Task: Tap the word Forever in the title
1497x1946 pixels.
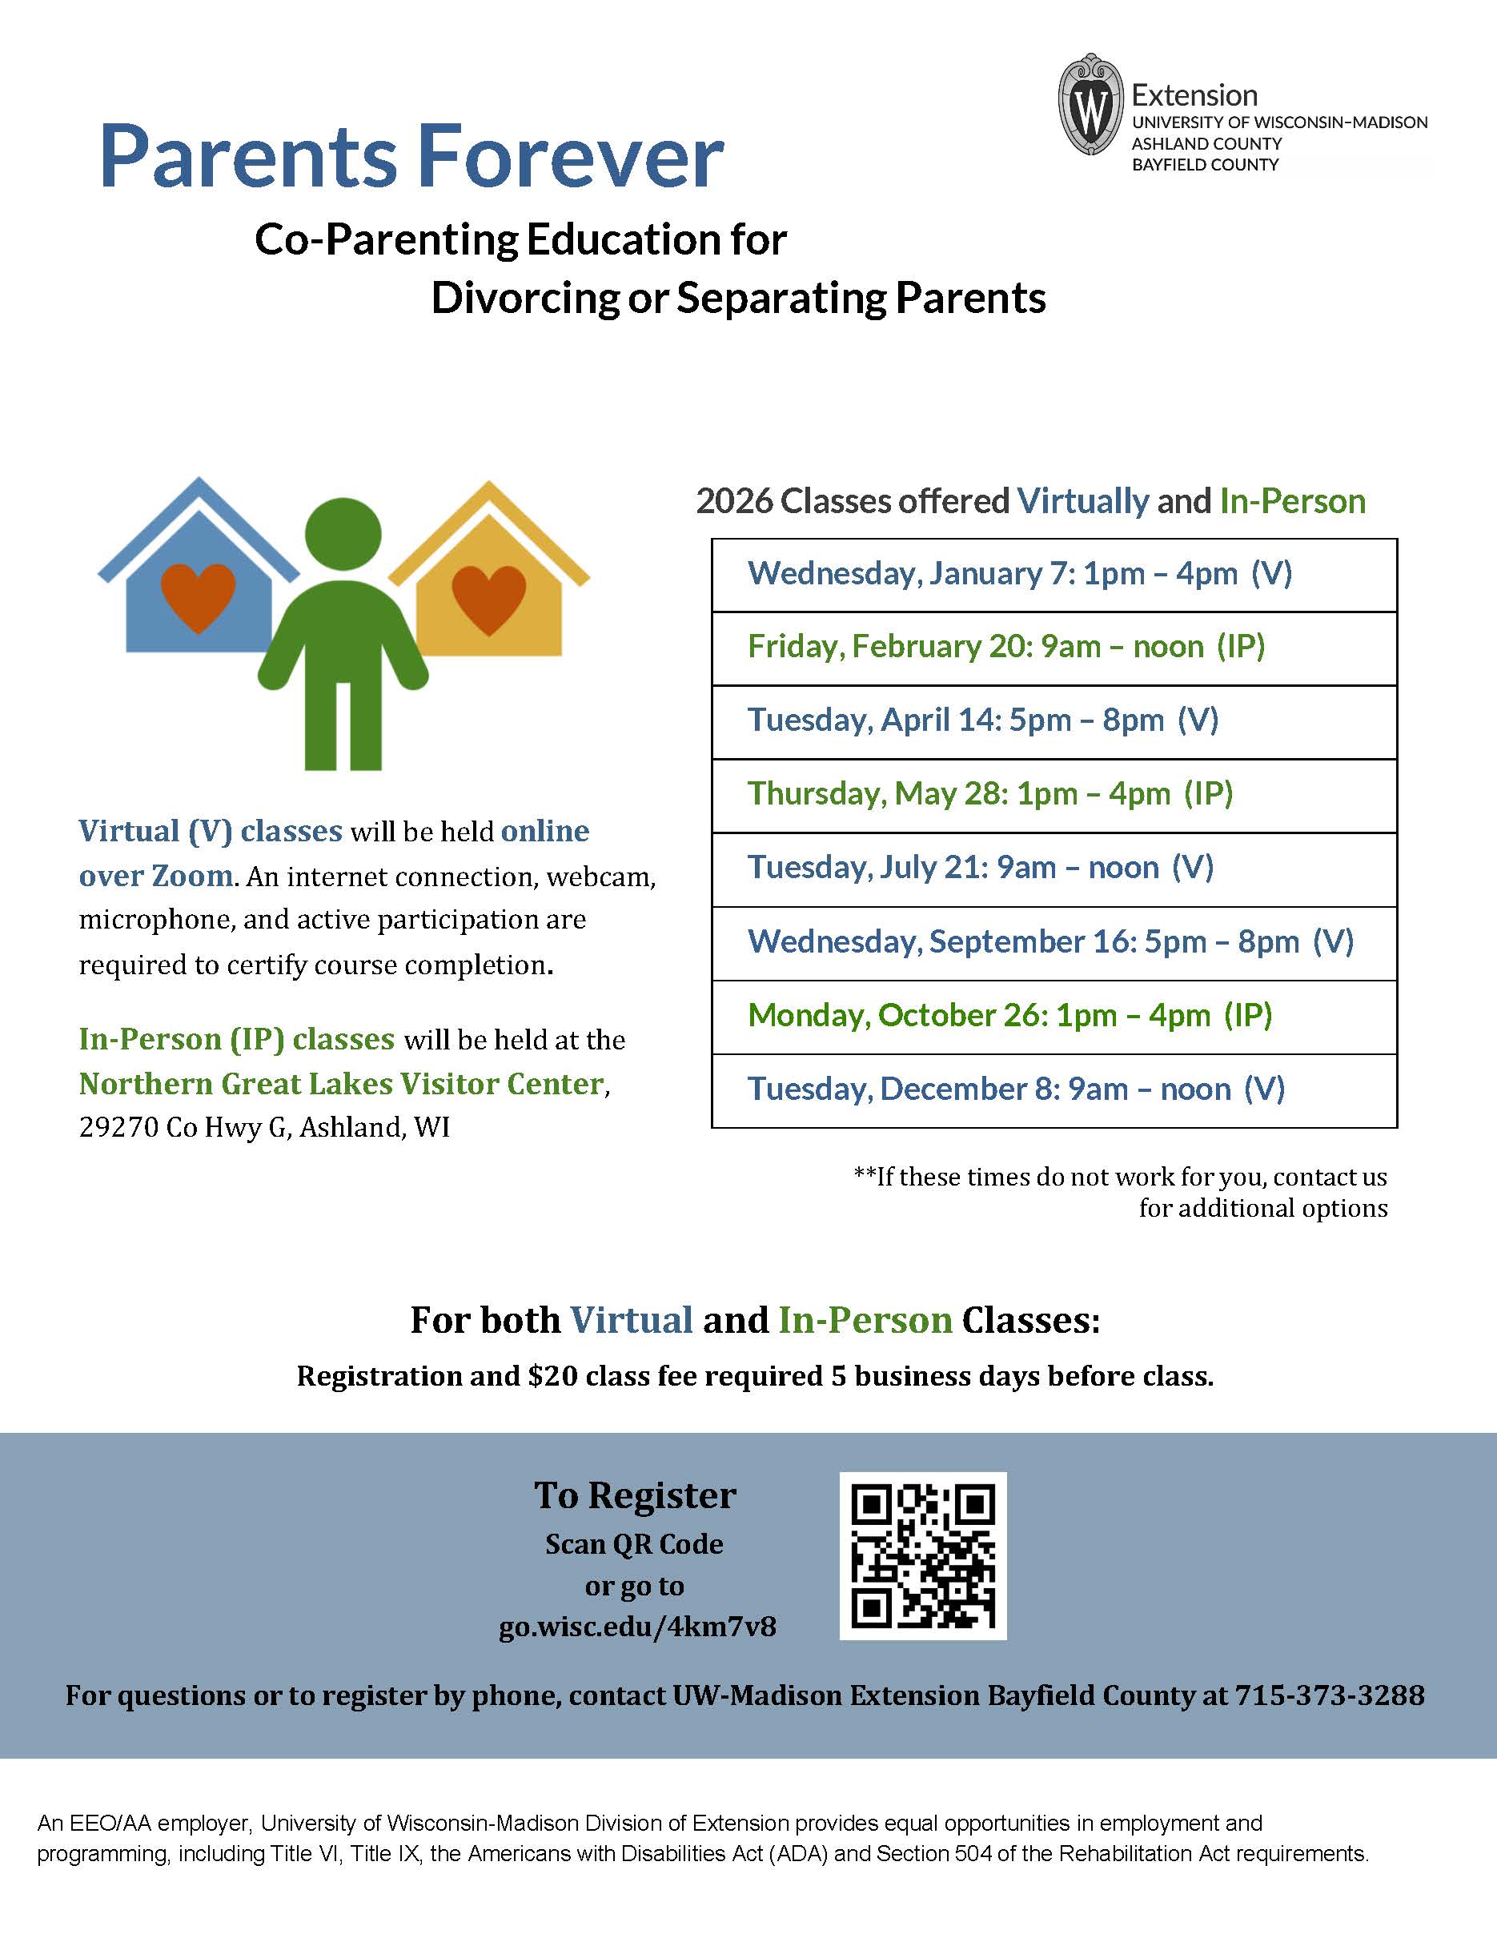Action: (570, 158)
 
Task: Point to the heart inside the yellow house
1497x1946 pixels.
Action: (489, 599)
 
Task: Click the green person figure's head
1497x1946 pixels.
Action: (343, 536)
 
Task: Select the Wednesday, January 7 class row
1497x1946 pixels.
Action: (1054, 575)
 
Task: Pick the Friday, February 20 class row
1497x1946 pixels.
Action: (1054, 648)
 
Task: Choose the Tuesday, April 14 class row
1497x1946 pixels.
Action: (1054, 722)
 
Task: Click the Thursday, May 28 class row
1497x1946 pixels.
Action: (1054, 796)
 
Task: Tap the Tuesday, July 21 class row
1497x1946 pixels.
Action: (1054, 869)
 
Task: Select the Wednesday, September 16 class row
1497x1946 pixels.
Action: (1054, 944)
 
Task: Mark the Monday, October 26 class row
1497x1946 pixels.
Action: (1054, 1017)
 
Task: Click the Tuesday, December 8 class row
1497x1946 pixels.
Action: (1054, 1090)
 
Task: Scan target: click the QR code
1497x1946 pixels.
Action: (922, 1555)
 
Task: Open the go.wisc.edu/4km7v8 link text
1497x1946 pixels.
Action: (637, 1627)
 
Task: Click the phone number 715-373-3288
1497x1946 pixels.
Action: (1329, 1695)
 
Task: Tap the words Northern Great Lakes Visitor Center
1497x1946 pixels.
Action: (341, 1084)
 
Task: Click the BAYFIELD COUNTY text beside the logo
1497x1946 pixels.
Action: (1205, 165)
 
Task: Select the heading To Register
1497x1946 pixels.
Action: (636, 1496)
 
